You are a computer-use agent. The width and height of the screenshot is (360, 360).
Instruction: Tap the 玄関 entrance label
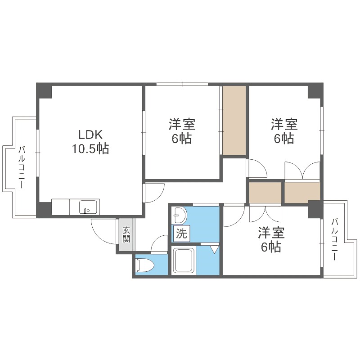tap(126, 234)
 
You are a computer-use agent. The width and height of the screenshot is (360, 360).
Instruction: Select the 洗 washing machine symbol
tap(181, 234)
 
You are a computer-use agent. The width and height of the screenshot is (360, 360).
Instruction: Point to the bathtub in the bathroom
tap(184, 261)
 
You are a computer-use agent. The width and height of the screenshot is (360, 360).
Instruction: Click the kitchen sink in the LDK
tap(88, 207)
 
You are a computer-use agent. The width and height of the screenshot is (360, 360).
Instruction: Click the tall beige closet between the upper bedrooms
tap(234, 120)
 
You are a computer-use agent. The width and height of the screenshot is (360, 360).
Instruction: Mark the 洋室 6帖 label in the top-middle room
tap(181, 131)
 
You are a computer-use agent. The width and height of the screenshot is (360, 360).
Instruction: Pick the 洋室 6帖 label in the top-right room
tap(283, 131)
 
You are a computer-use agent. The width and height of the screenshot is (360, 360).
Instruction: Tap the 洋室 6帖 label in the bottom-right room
tap(270, 239)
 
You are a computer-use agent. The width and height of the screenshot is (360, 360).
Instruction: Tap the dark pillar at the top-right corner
tap(315, 91)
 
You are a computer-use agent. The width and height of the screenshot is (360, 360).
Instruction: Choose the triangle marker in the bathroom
tap(214, 248)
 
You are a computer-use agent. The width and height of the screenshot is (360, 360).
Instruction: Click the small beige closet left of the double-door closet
tap(265, 192)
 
